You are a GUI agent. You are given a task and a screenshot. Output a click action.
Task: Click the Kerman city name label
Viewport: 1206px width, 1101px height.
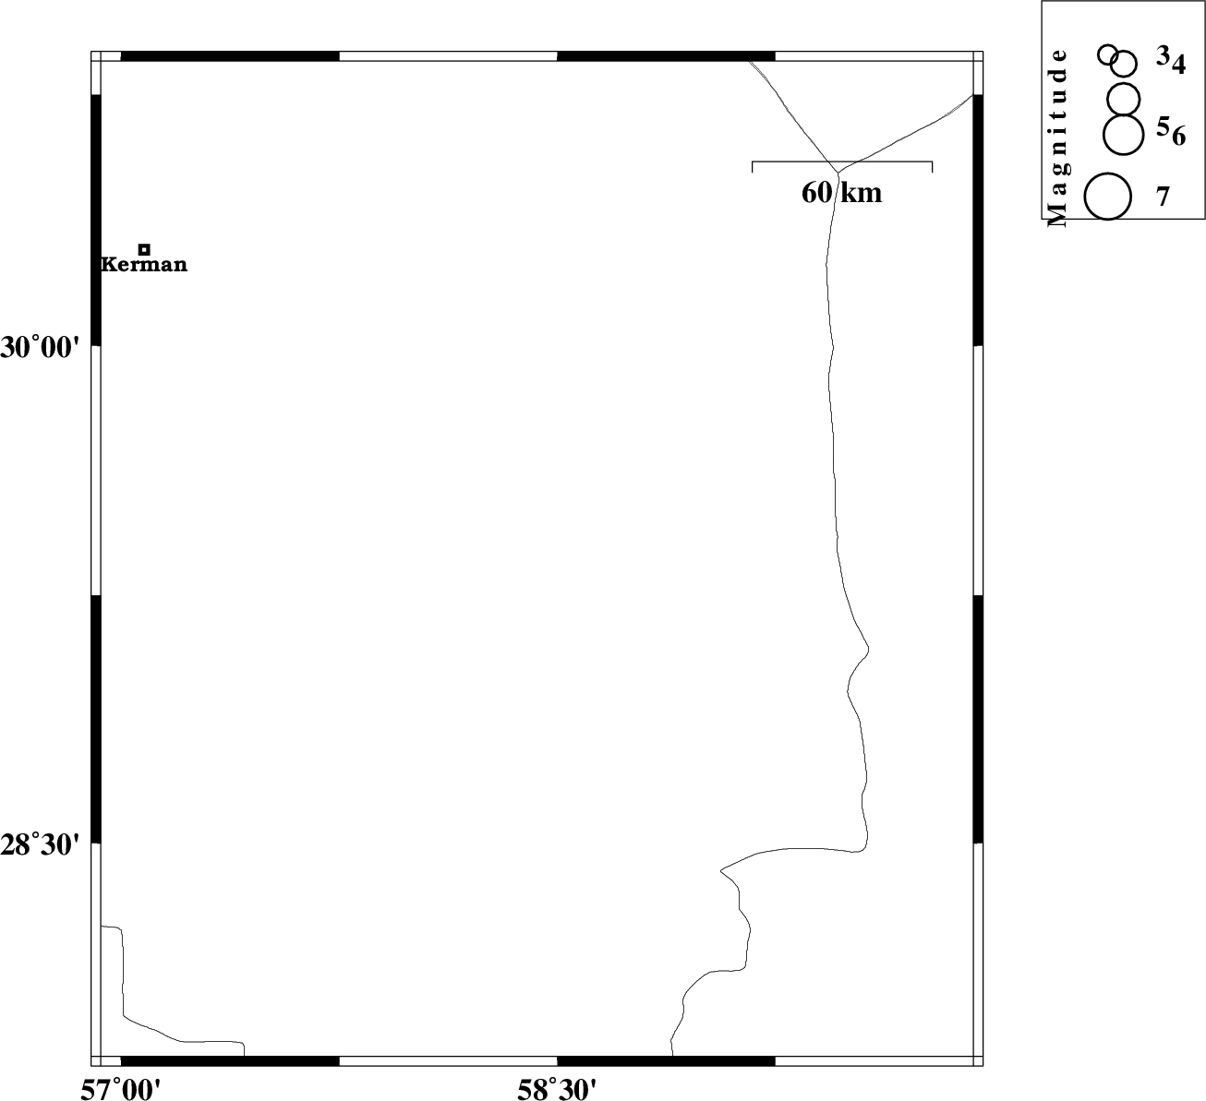pyautogui.click(x=144, y=265)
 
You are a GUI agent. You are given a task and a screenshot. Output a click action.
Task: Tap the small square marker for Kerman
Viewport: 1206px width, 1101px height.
pyautogui.click(x=144, y=249)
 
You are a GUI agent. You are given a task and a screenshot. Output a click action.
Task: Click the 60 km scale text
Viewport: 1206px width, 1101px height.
pyautogui.click(x=841, y=193)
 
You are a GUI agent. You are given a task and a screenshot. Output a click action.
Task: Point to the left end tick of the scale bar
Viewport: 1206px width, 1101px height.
pyautogui.click(x=752, y=167)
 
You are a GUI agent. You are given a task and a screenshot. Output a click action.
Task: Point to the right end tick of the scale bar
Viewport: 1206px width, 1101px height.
pyautogui.click(x=932, y=167)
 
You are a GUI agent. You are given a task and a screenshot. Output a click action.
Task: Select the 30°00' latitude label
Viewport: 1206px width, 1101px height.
pyautogui.click(x=41, y=347)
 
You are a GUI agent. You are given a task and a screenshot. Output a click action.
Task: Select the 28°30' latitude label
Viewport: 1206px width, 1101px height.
pyautogui.click(x=41, y=845)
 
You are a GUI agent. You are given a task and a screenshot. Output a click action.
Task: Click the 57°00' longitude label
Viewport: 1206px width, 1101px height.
pyautogui.click(x=121, y=1089)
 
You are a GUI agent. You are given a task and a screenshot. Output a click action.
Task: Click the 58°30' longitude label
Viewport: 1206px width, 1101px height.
pyautogui.click(x=558, y=1089)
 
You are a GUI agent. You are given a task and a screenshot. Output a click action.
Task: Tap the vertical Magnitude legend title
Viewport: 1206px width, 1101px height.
pyautogui.click(x=1058, y=138)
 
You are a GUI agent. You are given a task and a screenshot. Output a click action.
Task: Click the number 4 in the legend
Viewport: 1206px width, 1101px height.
pyautogui.click(x=1178, y=65)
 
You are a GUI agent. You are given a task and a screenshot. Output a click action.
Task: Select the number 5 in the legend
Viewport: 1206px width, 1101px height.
pyautogui.click(x=1163, y=126)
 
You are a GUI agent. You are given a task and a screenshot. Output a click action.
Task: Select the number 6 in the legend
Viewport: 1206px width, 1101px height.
pyautogui.click(x=1179, y=137)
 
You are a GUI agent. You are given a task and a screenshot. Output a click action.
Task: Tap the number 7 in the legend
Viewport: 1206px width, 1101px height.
pyautogui.click(x=1164, y=197)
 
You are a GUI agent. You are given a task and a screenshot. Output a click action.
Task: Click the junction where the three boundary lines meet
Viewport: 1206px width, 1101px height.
pyautogui.click(x=838, y=174)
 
